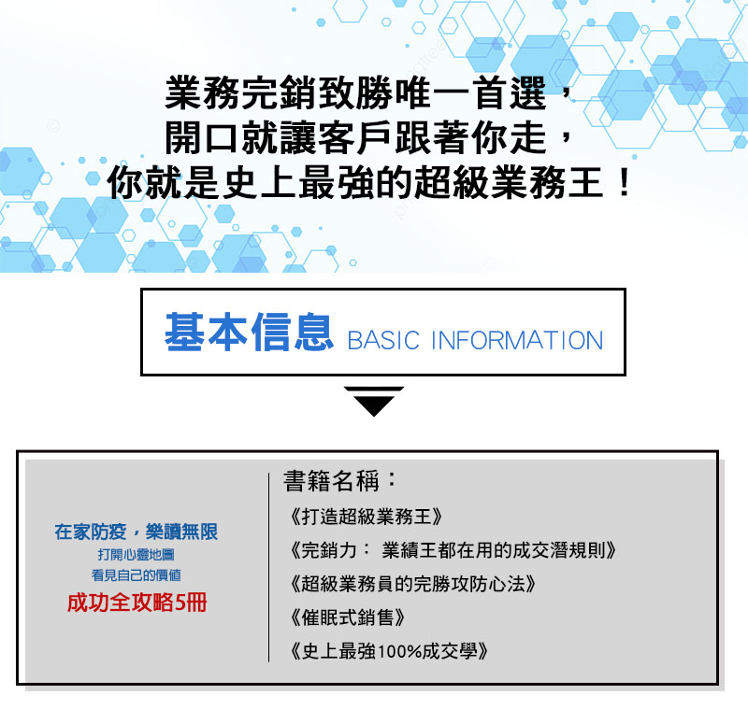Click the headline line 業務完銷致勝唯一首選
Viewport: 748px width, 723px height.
355,92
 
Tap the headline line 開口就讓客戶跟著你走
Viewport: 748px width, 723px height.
355,137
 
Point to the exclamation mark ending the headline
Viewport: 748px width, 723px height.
623,183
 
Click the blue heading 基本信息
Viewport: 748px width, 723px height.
249,333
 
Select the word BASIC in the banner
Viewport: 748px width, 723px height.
383,340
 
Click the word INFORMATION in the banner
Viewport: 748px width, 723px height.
517,340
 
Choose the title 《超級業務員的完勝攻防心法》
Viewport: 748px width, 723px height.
413,584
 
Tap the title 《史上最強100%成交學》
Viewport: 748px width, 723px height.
389,651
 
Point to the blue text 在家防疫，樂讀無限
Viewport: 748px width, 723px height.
136,532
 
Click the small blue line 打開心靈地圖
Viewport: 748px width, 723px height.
136,555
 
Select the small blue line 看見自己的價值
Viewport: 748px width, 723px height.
136,575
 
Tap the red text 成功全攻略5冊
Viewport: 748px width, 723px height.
137,602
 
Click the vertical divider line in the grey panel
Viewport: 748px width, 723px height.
269,567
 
